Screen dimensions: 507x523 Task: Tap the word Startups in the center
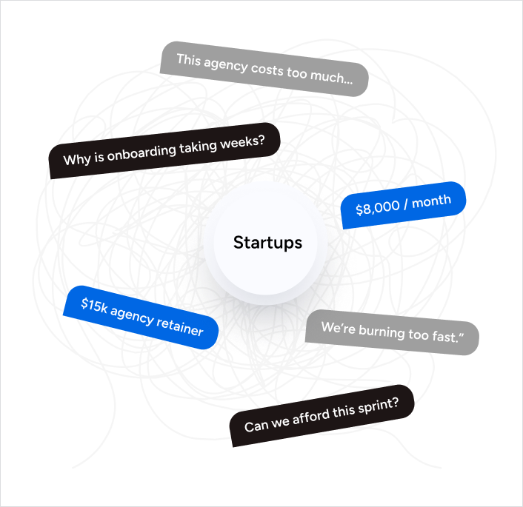click(267, 243)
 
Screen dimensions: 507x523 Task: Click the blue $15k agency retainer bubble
click(141, 318)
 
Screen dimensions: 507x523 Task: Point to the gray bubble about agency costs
click(264, 69)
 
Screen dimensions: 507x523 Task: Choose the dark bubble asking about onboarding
click(164, 150)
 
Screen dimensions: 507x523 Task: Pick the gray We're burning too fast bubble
click(392, 332)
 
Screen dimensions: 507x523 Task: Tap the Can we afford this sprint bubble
click(322, 415)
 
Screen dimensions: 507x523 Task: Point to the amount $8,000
click(376, 209)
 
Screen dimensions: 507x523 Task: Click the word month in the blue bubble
click(431, 201)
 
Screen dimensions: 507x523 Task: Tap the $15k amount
click(95, 305)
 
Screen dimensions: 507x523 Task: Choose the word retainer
click(180, 326)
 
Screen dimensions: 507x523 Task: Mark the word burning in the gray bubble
click(382, 332)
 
